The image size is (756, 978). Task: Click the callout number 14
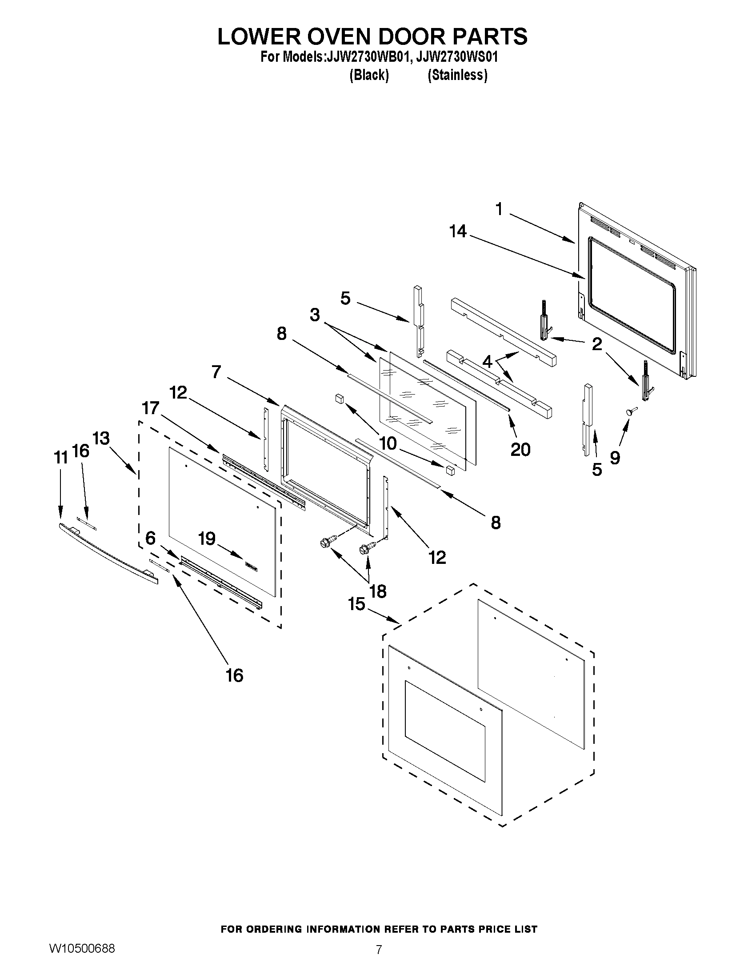[x=458, y=232]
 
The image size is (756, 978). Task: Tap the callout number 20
[x=520, y=449]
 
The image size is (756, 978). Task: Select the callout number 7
[x=216, y=371]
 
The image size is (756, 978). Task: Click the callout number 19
[x=207, y=539]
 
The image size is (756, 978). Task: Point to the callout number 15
[x=356, y=604]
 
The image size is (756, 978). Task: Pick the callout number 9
[x=615, y=457]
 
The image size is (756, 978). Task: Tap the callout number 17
[x=151, y=407]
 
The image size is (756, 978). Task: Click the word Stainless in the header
[x=457, y=75]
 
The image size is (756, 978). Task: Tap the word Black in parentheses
[x=368, y=75]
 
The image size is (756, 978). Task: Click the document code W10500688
[x=82, y=948]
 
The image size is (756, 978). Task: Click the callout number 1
[x=499, y=209]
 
